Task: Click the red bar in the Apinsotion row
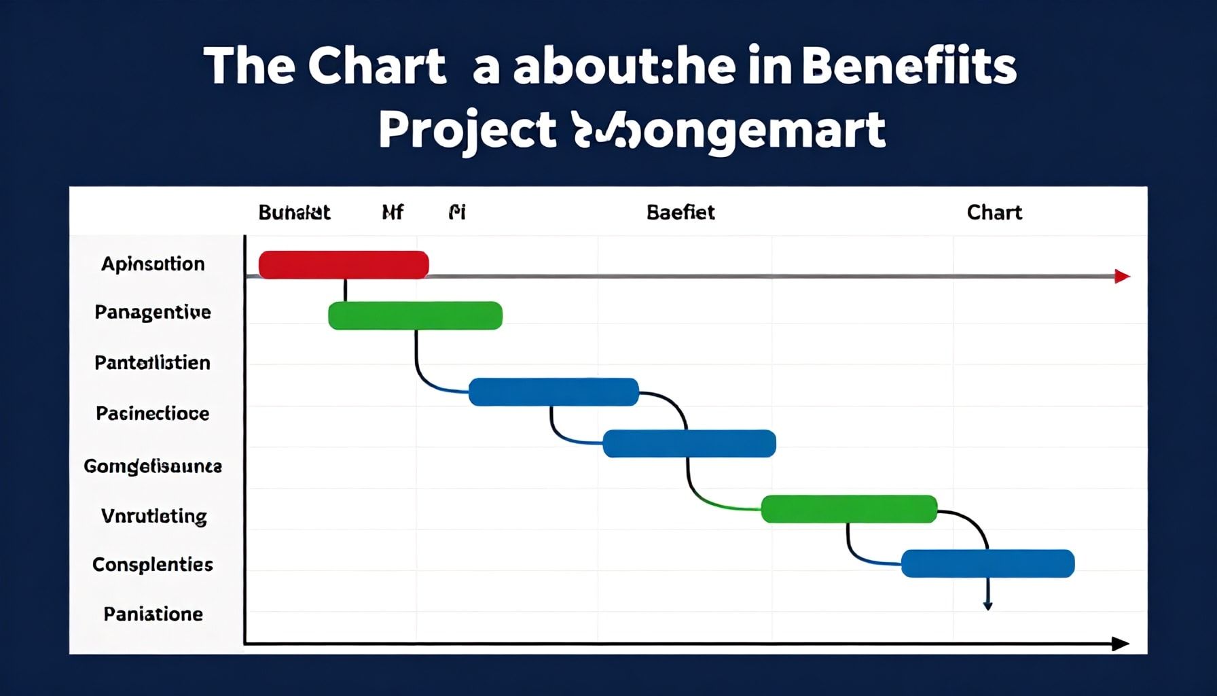(x=344, y=264)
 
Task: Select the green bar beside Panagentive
(x=415, y=315)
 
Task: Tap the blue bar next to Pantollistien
(x=553, y=391)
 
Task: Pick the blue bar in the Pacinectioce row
(x=689, y=443)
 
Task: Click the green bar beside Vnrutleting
(x=849, y=509)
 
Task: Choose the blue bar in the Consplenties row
(x=987, y=563)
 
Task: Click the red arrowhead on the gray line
(x=1122, y=276)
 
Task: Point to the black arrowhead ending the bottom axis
(x=1120, y=644)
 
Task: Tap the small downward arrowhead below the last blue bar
(x=988, y=605)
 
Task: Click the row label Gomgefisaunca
(x=153, y=466)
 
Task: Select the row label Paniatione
(x=153, y=614)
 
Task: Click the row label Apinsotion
(x=153, y=264)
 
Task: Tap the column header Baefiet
(x=680, y=213)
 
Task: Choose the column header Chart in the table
(x=994, y=213)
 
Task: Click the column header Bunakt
(x=294, y=213)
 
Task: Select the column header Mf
(x=393, y=213)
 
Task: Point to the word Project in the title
(x=467, y=130)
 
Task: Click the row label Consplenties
(x=153, y=564)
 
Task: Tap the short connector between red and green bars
(x=345, y=290)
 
